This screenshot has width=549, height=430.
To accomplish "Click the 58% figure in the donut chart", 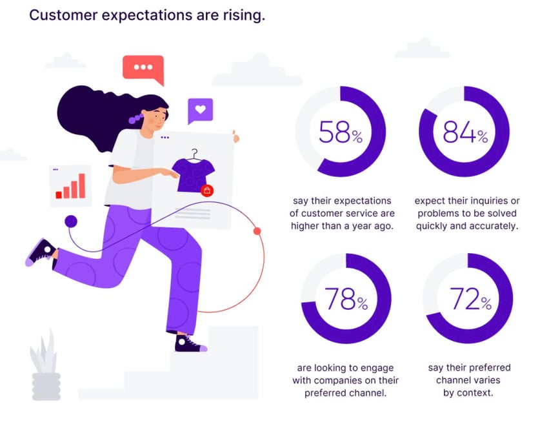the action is coord(341,132).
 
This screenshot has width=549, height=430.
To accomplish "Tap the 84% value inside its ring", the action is coord(465,132).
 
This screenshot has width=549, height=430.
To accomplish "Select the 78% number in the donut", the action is coord(346,299).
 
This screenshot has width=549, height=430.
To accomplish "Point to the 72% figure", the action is coord(470,299).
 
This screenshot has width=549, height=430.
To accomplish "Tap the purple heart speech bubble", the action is coord(200,111).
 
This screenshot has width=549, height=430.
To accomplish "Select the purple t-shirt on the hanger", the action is coord(193,173).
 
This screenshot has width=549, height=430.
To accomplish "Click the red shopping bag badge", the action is coord(207,190).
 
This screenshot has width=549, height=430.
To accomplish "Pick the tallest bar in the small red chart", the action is coord(82,186).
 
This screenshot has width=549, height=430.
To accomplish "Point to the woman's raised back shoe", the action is coord(40,252).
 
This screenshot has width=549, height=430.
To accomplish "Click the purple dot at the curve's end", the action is coord(71,221).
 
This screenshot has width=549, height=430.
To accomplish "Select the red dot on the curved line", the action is coord(257,231).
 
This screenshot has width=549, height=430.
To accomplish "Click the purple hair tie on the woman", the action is coord(136,118).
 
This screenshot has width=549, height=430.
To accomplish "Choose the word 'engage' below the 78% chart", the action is coord(376,368).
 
